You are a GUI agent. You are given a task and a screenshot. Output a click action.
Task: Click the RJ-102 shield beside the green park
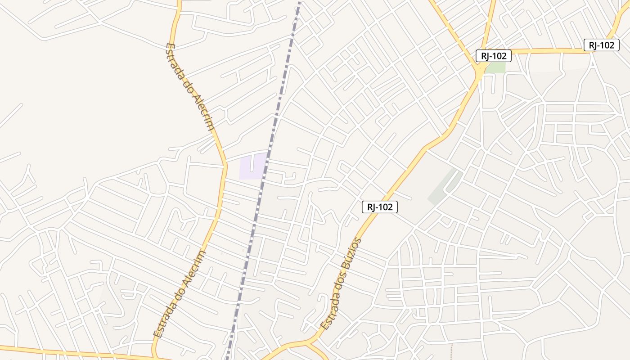coord(493,56)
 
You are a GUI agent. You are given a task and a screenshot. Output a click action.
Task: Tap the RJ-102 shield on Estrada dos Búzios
coord(380,207)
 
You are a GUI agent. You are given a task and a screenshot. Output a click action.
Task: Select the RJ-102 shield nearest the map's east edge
coord(601,45)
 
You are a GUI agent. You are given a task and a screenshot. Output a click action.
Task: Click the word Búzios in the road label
coord(351,254)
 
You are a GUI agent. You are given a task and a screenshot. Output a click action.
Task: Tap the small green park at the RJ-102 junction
coord(495,67)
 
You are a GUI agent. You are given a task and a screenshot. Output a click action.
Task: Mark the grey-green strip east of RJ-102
coord(443,187)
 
